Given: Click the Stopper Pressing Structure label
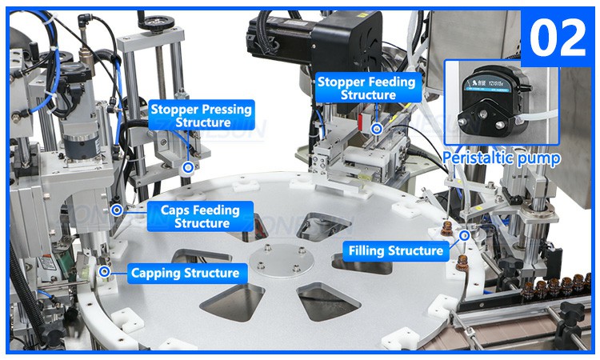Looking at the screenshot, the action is click(202, 115).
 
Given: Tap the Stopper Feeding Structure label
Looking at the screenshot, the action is click(367, 88).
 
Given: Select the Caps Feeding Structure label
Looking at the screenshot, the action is click(200, 216).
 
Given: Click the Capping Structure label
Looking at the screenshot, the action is click(186, 273).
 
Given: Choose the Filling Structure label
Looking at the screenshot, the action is click(396, 251).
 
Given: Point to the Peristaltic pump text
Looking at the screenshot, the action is click(502, 158).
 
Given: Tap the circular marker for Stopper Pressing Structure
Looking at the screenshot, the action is click(188, 167).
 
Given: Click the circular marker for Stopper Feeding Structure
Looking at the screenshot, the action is click(377, 129).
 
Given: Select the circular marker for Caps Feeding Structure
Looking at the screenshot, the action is click(117, 210).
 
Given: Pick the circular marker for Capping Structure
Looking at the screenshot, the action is click(104, 272).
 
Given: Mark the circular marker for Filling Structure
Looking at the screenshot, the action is click(465, 235).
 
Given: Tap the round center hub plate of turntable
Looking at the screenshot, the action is click(282, 261).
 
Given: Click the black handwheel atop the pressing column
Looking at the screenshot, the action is click(156, 22).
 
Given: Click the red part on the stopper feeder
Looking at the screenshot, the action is click(360, 120).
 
